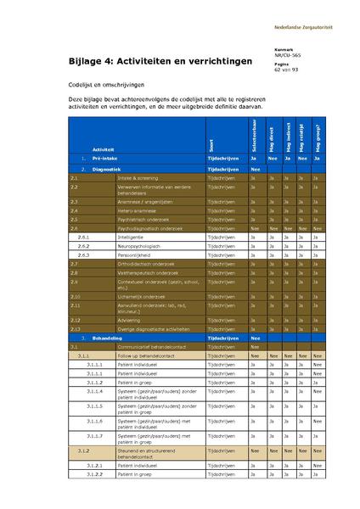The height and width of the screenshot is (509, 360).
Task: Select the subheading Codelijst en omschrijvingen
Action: (x=107, y=85)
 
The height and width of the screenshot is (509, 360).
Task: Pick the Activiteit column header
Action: (x=104, y=149)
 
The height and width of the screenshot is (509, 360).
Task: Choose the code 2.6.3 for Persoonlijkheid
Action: (x=83, y=255)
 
